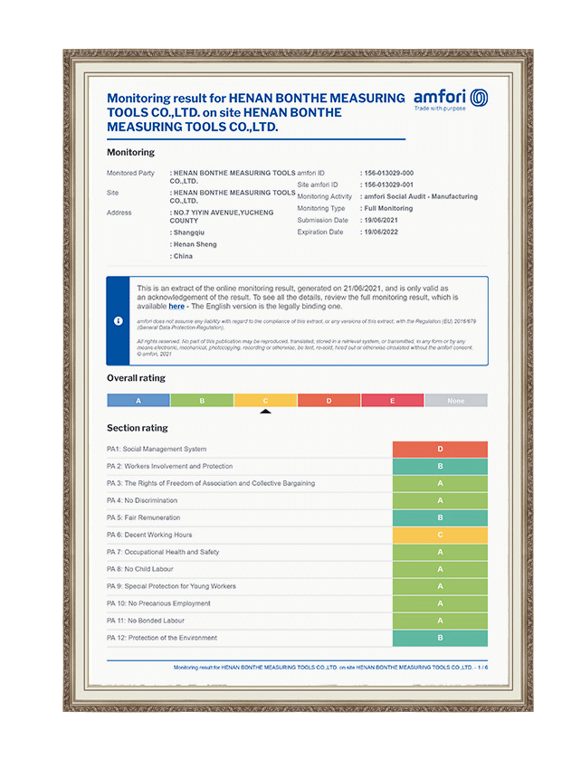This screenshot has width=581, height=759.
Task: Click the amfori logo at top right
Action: point(450,99)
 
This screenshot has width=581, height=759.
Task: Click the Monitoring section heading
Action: point(130,152)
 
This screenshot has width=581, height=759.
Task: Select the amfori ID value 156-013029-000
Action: point(387,173)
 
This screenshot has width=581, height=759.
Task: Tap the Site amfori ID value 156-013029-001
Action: point(387,185)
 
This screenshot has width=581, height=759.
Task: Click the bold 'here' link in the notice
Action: point(176,307)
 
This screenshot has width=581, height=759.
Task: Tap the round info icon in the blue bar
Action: point(119,321)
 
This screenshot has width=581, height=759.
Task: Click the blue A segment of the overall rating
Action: point(138,400)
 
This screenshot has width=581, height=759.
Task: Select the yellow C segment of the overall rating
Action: point(265,400)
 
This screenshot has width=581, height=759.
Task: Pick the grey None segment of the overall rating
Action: point(455,400)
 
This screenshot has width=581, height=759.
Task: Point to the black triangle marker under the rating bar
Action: point(265,411)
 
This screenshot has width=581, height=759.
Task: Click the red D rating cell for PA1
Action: point(440,449)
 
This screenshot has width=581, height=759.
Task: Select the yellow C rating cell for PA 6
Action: point(440,535)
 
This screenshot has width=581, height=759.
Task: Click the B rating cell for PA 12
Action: point(440,638)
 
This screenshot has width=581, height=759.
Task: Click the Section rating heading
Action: point(137,428)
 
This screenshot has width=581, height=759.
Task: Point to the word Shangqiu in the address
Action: point(190,232)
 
